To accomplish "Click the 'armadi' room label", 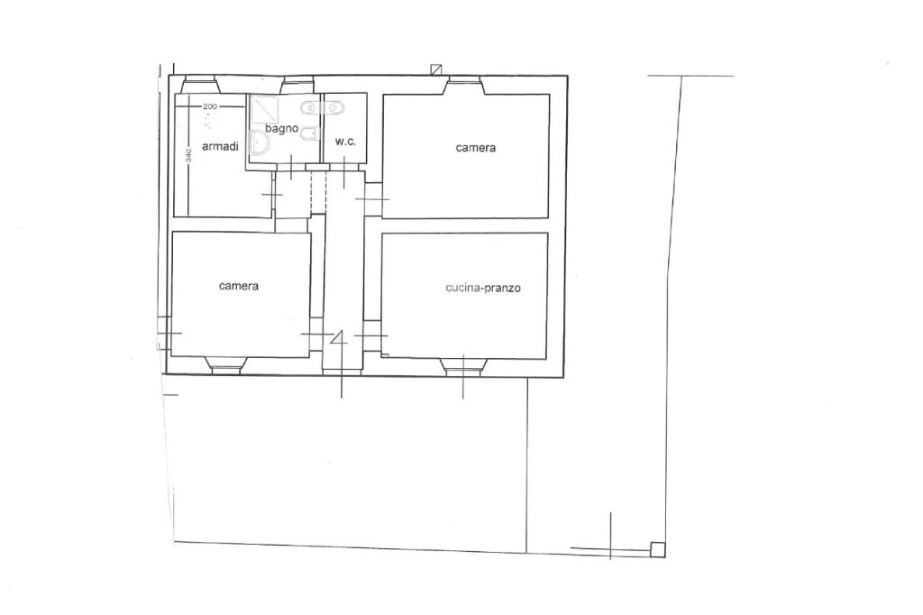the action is pyautogui.click(x=220, y=146).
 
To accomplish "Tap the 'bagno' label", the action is pyautogui.click(x=281, y=128).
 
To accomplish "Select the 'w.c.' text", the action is pyautogui.click(x=345, y=142).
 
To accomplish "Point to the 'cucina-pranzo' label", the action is pyautogui.click(x=483, y=288).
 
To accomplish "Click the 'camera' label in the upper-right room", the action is pyautogui.click(x=476, y=148).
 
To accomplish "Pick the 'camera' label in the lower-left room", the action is pyautogui.click(x=238, y=286).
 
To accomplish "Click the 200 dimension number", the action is pyautogui.click(x=210, y=106).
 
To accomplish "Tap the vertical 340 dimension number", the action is pyautogui.click(x=188, y=155).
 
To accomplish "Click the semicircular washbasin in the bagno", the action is pyautogui.click(x=259, y=143).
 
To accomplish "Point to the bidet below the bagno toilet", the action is pyautogui.click(x=310, y=135).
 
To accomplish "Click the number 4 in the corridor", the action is pyautogui.click(x=339, y=338).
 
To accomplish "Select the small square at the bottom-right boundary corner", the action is pyautogui.click(x=657, y=549).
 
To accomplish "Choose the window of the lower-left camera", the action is pyautogui.click(x=226, y=365).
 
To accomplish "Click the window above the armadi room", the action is pyautogui.click(x=200, y=85).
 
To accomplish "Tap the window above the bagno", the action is pyautogui.click(x=299, y=86).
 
